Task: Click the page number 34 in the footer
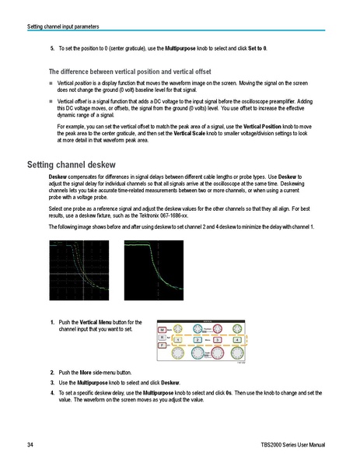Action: [30, 445]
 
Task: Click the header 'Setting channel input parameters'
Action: [63, 26]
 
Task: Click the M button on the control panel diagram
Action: [162, 331]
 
